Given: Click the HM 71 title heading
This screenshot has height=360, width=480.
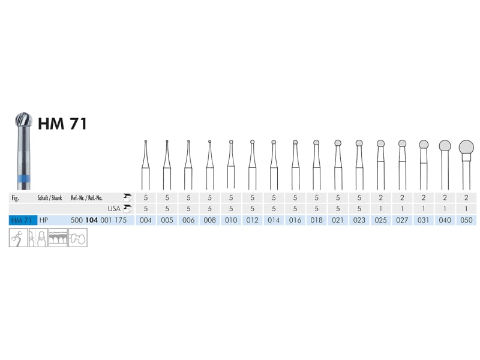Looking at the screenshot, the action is (x=62, y=124).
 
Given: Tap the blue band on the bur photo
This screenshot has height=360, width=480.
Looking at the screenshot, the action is (x=24, y=179).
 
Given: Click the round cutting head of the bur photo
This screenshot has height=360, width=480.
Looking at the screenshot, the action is (x=24, y=119).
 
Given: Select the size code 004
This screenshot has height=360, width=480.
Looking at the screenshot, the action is (x=145, y=220).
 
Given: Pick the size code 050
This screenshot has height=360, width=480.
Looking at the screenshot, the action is (x=466, y=220).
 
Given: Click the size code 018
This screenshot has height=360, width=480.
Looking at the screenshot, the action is (x=317, y=220).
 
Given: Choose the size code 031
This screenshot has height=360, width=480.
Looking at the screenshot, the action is (x=424, y=220).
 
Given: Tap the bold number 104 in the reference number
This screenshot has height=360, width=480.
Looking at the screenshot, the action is (x=92, y=220).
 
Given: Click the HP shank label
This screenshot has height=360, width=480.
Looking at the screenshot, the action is (x=43, y=220).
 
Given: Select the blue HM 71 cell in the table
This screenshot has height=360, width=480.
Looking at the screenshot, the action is (x=23, y=220).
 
